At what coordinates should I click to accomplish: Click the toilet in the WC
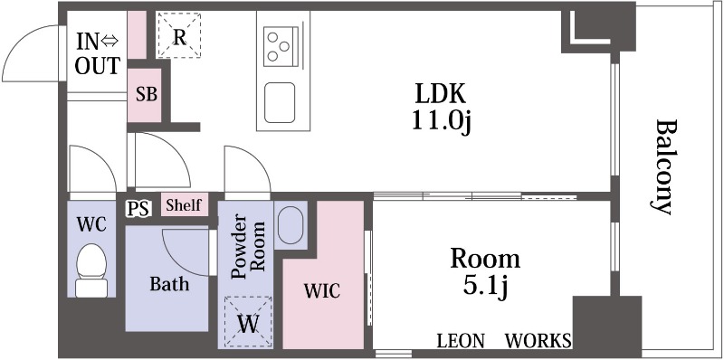pos(92,270)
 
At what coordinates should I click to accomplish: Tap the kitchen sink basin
pos(280,102)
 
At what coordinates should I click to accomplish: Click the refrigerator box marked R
pos(179,35)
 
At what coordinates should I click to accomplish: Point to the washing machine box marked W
pos(248,321)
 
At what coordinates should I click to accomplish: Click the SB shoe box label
pos(147,95)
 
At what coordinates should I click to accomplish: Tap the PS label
pos(138,209)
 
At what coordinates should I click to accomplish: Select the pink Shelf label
pos(184,205)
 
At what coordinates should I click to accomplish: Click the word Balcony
pos(665,167)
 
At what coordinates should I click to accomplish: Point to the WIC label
pos(322,290)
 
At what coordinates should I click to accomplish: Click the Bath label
pos(169,283)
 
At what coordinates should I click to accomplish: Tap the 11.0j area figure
pos(441,121)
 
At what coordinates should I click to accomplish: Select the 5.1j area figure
pos(485,287)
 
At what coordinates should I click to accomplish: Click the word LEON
pos(461,341)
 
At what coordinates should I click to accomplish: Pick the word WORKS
pos(538,341)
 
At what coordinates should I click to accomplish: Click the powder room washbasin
pos(291,224)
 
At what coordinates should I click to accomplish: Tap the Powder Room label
pos(247,245)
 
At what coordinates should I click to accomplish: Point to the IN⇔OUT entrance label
pos(98,53)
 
